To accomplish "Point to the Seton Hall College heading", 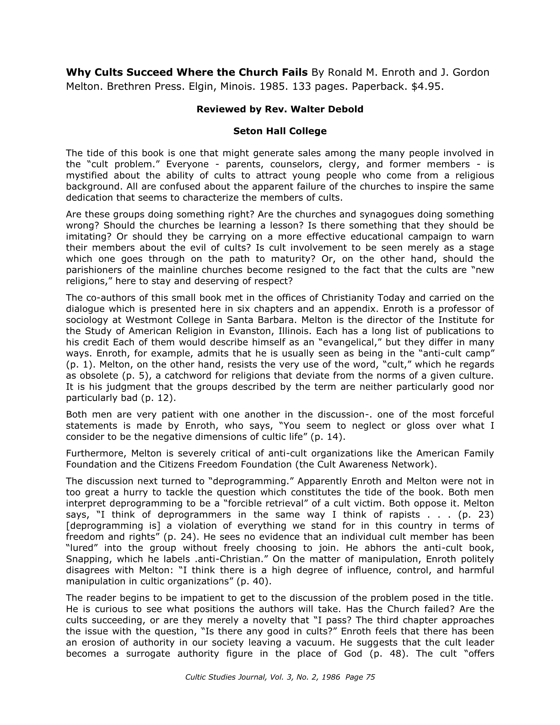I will tap(280, 131).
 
